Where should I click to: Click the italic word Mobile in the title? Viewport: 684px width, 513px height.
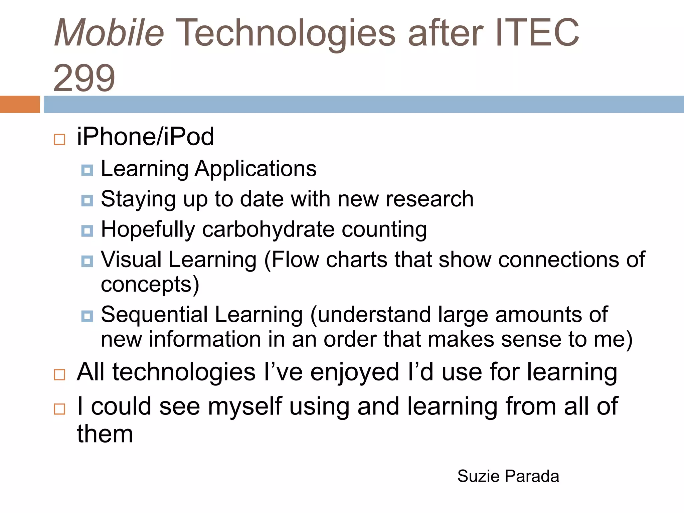(x=109, y=33)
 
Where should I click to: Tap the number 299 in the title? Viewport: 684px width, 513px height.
(x=84, y=78)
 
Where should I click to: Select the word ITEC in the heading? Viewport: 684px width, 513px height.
(x=537, y=33)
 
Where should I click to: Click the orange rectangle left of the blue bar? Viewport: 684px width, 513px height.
(x=20, y=104)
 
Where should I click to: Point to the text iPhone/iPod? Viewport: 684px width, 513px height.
(x=145, y=137)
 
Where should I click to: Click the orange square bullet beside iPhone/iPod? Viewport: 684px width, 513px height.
(x=59, y=139)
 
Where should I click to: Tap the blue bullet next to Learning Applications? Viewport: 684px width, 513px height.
(x=87, y=170)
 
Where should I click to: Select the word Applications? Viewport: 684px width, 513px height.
(x=255, y=169)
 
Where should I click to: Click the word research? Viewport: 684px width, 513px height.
(x=430, y=199)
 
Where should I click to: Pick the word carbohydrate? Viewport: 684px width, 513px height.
(x=268, y=230)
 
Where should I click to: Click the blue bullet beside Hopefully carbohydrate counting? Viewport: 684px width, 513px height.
(x=87, y=231)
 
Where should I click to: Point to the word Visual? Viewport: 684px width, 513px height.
(x=131, y=260)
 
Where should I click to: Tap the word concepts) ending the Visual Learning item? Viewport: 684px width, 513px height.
(x=150, y=285)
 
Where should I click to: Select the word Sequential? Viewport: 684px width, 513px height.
(x=154, y=315)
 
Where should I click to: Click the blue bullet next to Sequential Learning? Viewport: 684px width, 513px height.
(x=87, y=316)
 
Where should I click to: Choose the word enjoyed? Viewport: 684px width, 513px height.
(x=354, y=372)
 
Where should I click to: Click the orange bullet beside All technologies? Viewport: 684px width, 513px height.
(x=59, y=374)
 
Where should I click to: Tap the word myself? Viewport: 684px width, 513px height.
(x=245, y=406)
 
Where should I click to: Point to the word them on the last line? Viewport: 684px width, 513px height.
(x=105, y=434)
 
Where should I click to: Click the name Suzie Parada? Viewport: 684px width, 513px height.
(x=508, y=476)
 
